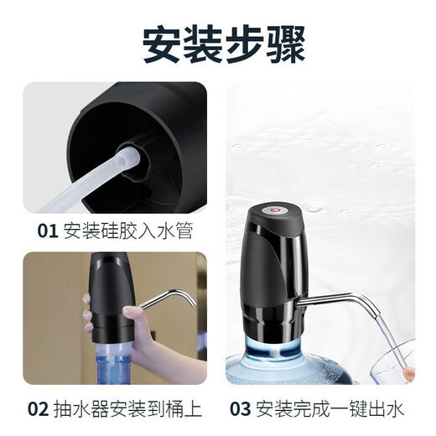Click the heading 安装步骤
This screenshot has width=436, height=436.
tap(218, 43)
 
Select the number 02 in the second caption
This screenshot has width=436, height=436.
tap(39, 410)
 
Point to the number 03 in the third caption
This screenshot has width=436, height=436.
tap(242, 410)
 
